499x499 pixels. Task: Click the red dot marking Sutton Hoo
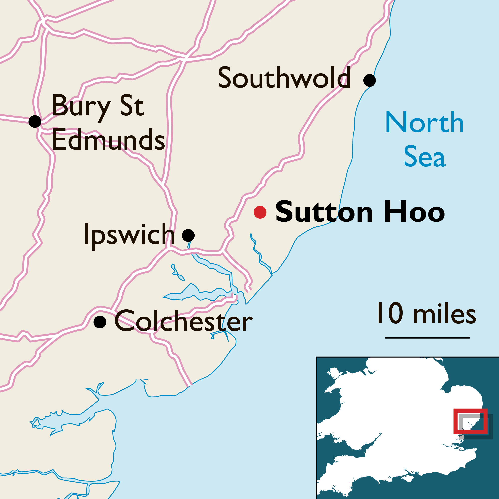(260, 212)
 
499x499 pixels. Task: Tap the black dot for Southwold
(369, 80)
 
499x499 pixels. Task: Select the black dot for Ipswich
(188, 235)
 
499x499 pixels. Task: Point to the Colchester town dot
(100, 322)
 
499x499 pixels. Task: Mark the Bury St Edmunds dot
(35, 122)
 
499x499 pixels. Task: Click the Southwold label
(284, 78)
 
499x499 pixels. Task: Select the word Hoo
(414, 212)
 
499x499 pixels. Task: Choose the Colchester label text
(183, 322)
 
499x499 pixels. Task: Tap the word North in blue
(425, 123)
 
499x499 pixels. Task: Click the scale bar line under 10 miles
(427, 338)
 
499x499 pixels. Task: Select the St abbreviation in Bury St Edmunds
(132, 106)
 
